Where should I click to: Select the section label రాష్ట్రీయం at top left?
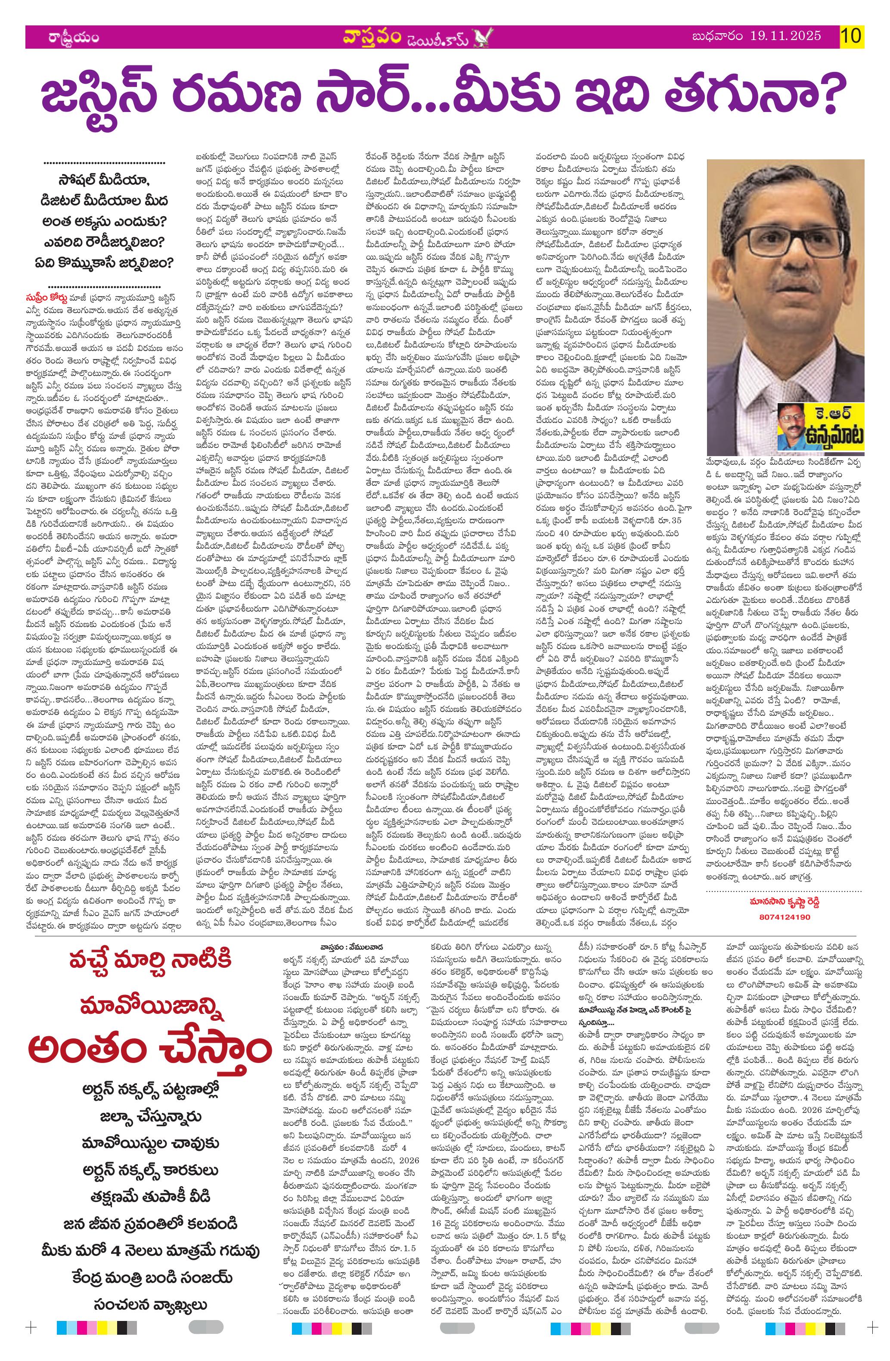(x=74, y=38)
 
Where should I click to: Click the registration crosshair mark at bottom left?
(x=31, y=1338)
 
